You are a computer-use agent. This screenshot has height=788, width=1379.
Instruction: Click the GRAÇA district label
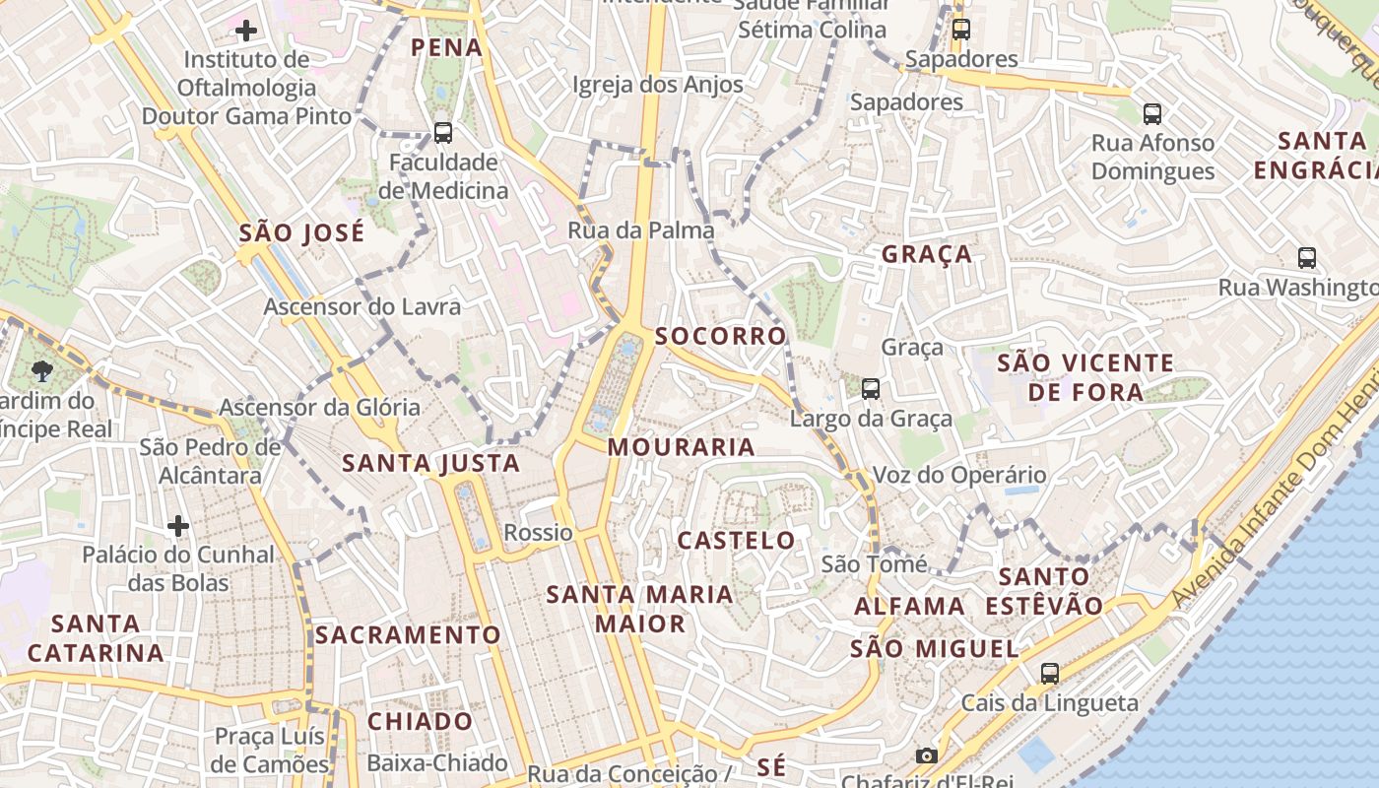pos(927,254)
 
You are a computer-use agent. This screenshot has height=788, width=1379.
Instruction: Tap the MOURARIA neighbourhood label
pos(682,447)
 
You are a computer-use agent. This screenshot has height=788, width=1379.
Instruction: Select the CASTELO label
pos(737,540)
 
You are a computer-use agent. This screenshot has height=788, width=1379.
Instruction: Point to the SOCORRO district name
pos(721,336)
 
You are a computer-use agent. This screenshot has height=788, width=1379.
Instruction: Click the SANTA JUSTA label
pos(430,463)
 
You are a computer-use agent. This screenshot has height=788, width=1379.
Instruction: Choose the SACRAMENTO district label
pos(408,634)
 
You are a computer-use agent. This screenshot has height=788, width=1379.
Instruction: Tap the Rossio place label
pos(538,533)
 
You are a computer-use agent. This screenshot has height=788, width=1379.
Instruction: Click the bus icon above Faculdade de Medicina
pos(443,132)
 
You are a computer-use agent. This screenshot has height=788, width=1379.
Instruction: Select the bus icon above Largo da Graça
pos(871,388)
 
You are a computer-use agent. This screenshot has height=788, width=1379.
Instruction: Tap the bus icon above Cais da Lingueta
pos(1050,674)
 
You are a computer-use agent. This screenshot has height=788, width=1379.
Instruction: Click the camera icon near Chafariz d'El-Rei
pos(926,755)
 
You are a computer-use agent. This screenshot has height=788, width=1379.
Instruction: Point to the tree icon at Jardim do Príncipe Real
pos(41,370)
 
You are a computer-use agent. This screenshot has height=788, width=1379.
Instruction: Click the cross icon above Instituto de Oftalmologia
pos(246,31)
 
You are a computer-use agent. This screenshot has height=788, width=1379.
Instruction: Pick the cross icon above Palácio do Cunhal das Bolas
pos(178,526)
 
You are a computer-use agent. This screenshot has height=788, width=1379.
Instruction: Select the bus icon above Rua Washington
pos(1307,258)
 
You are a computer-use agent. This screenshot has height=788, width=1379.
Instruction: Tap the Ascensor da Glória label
pos(319,407)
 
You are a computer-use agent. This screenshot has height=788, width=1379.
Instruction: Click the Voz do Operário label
pos(960,475)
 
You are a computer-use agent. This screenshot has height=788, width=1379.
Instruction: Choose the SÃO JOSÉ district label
pos(301,233)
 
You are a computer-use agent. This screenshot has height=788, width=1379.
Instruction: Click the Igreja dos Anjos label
pos(658,85)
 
